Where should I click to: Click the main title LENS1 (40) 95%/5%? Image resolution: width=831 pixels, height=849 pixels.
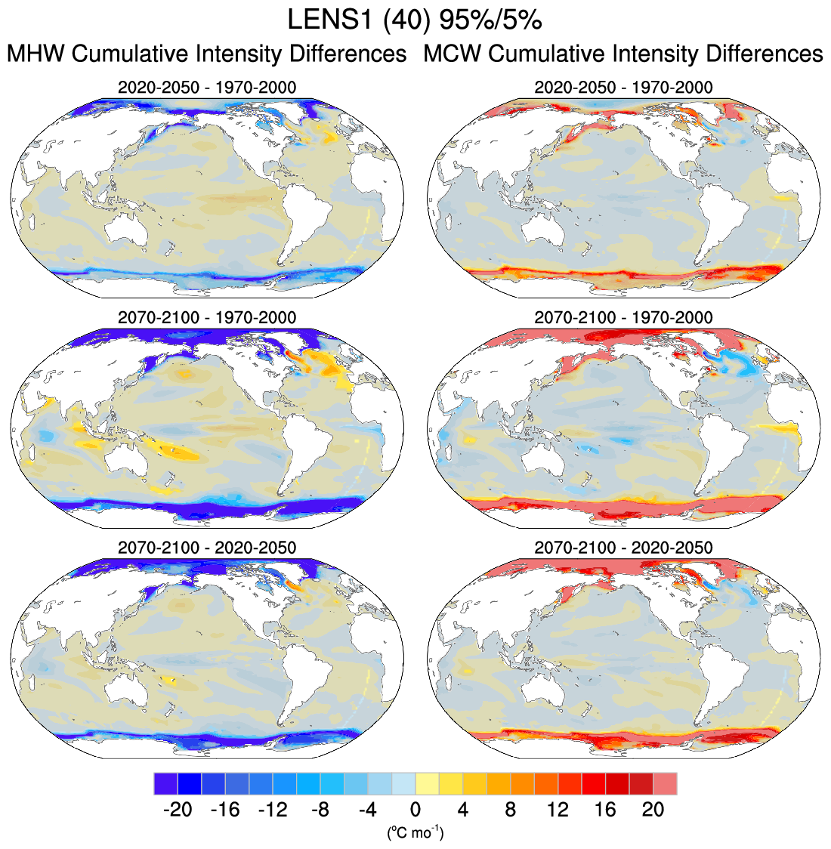[415, 20]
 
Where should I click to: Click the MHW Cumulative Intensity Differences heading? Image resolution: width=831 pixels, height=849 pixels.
[206, 54]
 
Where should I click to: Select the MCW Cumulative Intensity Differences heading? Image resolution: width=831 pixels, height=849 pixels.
[623, 54]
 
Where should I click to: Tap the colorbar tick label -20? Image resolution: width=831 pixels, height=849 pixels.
[177, 810]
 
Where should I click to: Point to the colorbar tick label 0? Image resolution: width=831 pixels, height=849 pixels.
[415, 810]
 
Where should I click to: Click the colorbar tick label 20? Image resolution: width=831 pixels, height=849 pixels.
[653, 810]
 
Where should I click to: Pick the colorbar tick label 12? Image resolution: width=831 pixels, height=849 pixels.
[558, 810]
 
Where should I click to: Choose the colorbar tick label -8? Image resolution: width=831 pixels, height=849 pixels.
[320, 810]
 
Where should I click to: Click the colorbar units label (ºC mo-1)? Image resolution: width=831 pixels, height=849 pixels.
[415, 833]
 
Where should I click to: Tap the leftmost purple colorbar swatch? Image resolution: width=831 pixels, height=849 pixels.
[165, 783]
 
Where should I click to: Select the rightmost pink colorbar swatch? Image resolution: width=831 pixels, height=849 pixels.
[666, 783]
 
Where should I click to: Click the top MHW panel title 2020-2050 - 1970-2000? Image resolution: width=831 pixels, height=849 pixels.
[207, 88]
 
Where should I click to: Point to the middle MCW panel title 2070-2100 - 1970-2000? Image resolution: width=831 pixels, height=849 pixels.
[623, 317]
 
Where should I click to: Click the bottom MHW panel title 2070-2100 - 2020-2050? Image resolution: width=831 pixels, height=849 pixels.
[207, 547]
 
